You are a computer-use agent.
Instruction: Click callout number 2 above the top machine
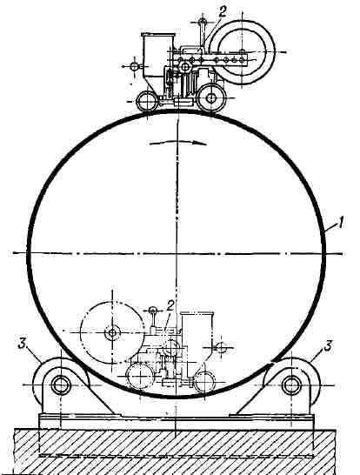click(x=223, y=11)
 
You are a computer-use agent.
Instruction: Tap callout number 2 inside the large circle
click(x=170, y=306)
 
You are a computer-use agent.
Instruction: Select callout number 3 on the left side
click(x=22, y=345)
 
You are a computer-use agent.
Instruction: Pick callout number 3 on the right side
click(x=328, y=345)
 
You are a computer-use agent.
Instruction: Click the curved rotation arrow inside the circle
click(x=178, y=143)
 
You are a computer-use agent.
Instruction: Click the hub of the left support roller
click(x=61, y=385)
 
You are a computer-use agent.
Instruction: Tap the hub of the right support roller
click(x=291, y=385)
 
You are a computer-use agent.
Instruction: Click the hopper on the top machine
click(x=157, y=59)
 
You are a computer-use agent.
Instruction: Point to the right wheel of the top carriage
click(x=211, y=98)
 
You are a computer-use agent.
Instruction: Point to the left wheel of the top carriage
click(x=147, y=102)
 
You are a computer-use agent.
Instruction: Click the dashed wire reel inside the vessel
click(x=112, y=333)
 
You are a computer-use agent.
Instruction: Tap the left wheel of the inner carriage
click(x=140, y=377)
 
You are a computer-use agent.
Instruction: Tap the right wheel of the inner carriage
click(x=204, y=381)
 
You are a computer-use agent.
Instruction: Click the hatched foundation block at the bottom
click(x=176, y=452)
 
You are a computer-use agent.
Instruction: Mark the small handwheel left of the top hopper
click(x=134, y=66)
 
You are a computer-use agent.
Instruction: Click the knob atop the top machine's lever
click(x=203, y=22)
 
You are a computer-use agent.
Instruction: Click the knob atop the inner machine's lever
click(x=153, y=310)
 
